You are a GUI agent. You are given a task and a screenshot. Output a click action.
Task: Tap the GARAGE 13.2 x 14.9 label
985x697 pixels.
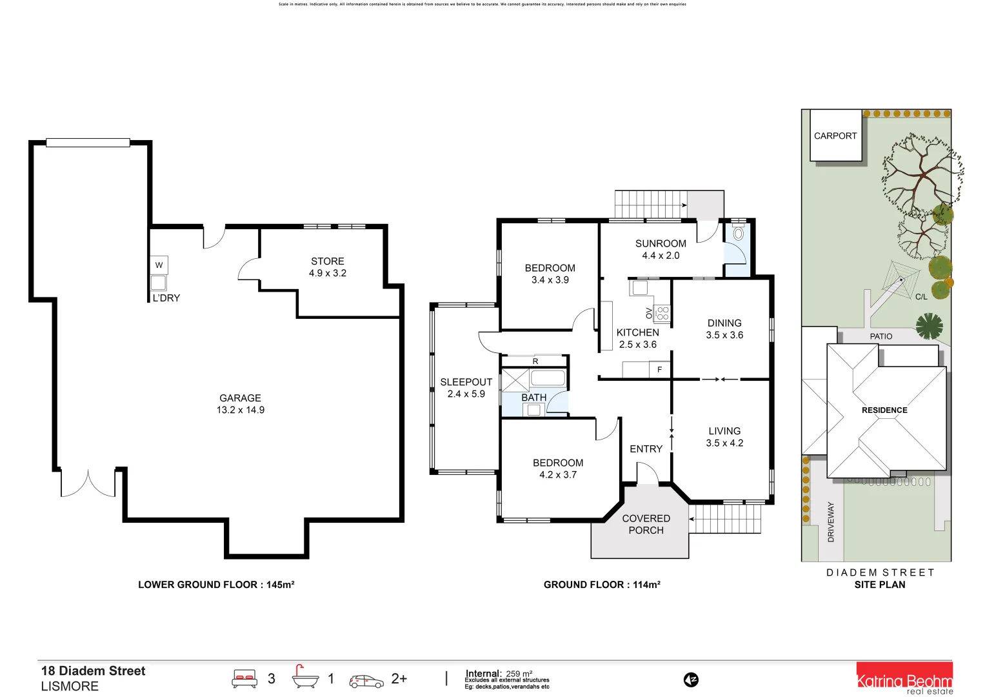(x=240, y=404)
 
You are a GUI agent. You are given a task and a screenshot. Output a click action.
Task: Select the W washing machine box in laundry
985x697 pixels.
(x=159, y=265)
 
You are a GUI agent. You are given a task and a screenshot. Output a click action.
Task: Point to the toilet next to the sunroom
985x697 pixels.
(x=739, y=234)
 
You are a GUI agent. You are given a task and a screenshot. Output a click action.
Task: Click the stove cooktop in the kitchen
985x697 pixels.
(x=662, y=314)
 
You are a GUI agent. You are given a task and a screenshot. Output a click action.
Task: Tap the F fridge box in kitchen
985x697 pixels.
(x=659, y=370)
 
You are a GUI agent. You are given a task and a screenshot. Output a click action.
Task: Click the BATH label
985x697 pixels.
(x=534, y=398)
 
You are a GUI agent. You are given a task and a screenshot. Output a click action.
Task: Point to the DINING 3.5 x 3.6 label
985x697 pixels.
(x=724, y=328)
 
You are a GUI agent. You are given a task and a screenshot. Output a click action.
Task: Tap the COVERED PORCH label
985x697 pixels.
(x=646, y=524)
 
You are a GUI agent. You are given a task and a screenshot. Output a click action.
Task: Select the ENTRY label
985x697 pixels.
(x=646, y=449)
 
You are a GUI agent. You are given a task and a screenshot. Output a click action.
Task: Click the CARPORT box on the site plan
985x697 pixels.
(x=835, y=136)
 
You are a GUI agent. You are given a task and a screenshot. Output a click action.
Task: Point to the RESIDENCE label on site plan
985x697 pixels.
(x=884, y=410)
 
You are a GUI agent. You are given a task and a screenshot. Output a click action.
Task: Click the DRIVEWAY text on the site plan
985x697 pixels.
(x=831, y=521)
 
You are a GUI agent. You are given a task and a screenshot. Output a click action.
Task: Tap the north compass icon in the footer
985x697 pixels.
(x=691, y=680)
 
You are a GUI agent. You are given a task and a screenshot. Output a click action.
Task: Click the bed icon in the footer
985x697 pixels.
(x=244, y=679)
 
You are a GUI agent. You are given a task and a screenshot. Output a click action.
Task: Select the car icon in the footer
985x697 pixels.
(x=366, y=681)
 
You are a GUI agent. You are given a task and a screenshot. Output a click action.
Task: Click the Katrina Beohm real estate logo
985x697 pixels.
(x=904, y=679)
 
